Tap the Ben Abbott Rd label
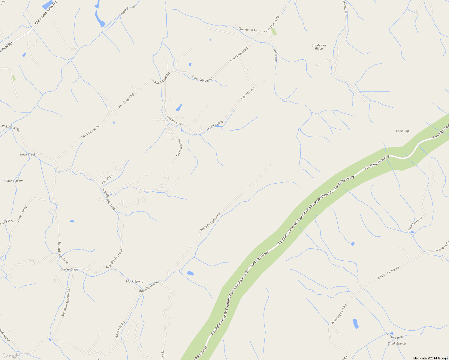coord(248,29)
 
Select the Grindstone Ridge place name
coord(319,47)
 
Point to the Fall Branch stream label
coord(276,56)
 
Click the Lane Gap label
coord(402,131)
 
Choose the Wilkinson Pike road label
coord(11,129)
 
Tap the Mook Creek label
coord(27,154)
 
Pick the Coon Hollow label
coord(14,181)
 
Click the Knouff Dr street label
coord(107,179)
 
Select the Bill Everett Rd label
coord(179,148)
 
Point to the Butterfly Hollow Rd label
coord(210,222)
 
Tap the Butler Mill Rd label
coord(22,214)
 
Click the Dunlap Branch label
coord(70,269)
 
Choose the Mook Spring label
coord(134,281)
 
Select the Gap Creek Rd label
coord(120,330)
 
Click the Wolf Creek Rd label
coord(415,223)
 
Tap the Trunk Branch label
coord(396,343)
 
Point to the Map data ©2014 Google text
coord(430,358)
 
